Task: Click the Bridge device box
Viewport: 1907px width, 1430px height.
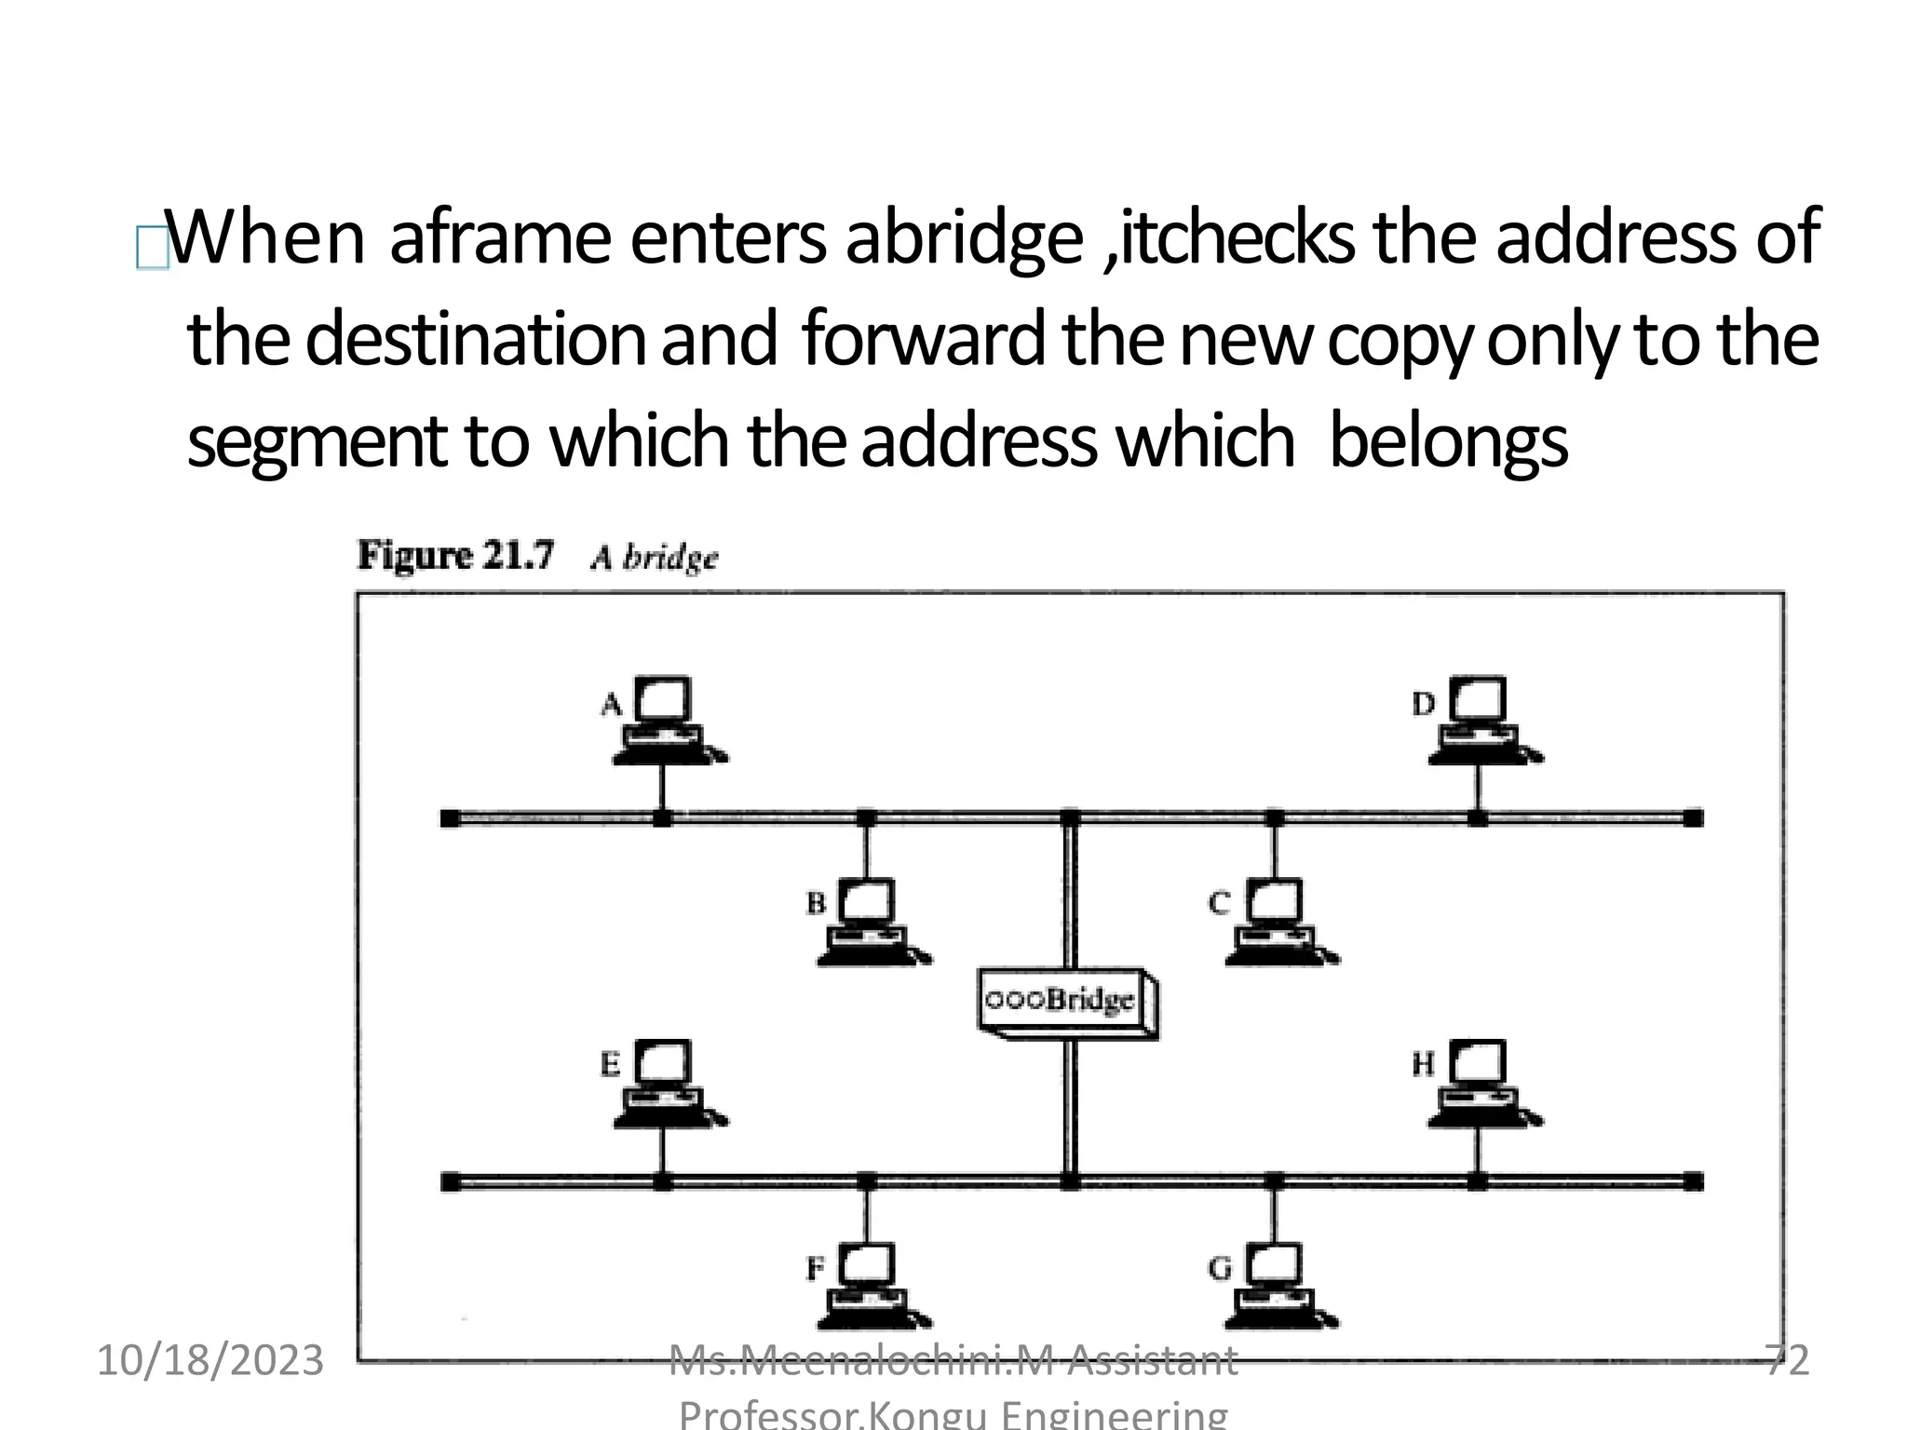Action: pos(1066,1002)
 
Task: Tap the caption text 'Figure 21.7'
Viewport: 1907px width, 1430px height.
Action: pos(455,556)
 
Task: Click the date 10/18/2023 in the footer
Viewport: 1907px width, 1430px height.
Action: pos(210,1360)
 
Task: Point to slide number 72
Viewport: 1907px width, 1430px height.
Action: pos(1787,1360)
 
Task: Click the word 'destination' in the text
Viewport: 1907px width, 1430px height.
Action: pos(475,340)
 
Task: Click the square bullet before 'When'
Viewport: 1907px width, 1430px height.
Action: pos(152,248)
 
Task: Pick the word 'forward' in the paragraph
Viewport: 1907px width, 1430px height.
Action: pos(922,340)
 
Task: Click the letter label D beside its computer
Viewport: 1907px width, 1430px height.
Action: pos(1423,704)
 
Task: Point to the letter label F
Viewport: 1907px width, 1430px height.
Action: pos(815,1268)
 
